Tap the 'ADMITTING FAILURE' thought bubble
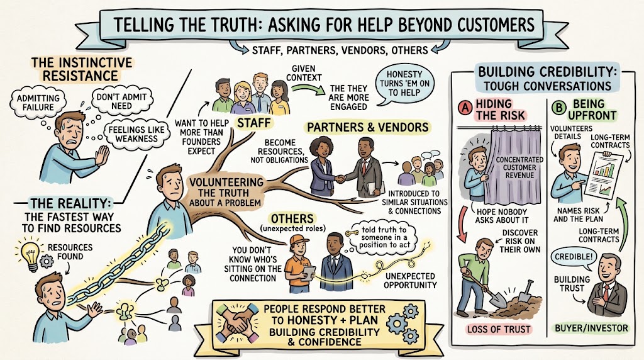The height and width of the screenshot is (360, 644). (x=38, y=103)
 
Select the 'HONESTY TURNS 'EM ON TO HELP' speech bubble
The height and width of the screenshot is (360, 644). (x=404, y=84)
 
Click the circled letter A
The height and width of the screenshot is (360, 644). (x=465, y=108)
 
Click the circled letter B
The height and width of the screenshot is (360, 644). (x=559, y=108)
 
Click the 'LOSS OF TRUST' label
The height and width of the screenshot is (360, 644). (x=499, y=329)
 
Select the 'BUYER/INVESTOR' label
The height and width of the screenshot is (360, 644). (x=591, y=328)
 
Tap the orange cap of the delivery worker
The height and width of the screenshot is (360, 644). (x=299, y=240)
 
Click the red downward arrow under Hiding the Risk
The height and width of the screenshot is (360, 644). (x=462, y=223)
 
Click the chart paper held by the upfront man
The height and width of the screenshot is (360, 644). (x=603, y=176)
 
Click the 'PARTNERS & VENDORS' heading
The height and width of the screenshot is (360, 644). (x=367, y=127)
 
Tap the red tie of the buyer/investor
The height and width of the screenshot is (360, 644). (x=606, y=292)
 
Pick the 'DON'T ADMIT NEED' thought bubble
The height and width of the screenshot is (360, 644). (x=122, y=101)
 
